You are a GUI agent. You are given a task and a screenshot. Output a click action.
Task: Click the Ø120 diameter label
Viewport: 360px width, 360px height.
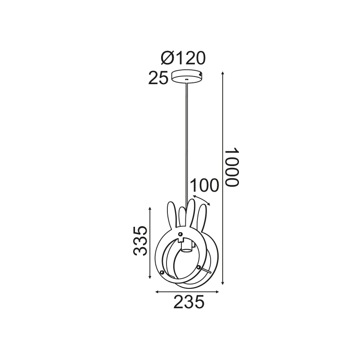pos(183,58)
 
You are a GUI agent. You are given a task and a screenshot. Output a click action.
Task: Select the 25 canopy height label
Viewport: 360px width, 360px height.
pos(158,78)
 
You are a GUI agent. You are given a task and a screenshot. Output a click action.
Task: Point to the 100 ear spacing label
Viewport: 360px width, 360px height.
pos(204,186)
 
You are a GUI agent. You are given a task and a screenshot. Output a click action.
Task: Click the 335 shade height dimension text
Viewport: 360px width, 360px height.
pos(140,241)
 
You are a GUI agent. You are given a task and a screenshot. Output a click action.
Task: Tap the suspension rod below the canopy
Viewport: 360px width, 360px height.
pos(186,135)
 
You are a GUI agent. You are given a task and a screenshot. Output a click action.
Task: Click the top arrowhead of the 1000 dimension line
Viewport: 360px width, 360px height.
pos(224,73)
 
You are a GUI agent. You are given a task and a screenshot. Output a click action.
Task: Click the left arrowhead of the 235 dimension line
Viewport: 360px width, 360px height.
pos(157,292)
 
